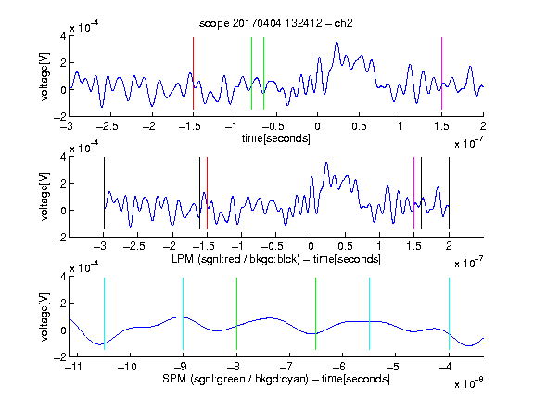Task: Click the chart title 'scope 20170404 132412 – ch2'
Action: click(276, 23)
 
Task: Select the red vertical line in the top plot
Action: click(193, 73)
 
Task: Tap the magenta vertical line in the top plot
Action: click(441, 73)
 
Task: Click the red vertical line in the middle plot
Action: click(207, 193)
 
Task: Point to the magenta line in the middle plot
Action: click(413, 193)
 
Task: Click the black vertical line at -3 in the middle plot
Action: click(104, 193)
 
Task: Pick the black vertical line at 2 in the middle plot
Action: click(449, 193)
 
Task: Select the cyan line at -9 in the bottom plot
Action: click(183, 314)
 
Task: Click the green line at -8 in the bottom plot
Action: click(236, 314)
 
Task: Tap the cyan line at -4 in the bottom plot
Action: click(449, 314)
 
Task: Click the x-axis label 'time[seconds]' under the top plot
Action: click(276, 138)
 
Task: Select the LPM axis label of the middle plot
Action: click(276, 259)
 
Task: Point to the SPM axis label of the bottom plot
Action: click(276, 379)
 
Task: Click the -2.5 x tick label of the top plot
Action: click(107, 126)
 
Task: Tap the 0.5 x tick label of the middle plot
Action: click(345, 246)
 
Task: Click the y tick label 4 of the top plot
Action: click(63, 35)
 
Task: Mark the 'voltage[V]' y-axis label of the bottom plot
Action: click(44, 317)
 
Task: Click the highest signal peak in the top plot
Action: click(337, 43)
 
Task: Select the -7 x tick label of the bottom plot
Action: click(286, 367)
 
